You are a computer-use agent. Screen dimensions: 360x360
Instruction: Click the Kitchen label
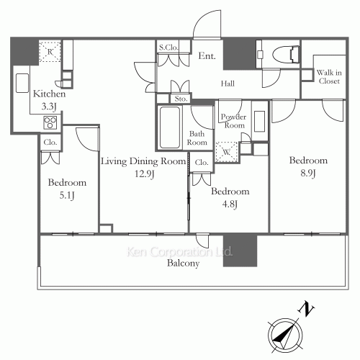point(50,94)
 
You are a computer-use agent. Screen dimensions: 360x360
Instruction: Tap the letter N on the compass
point(307,310)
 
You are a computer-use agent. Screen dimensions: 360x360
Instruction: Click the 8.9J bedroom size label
point(308,173)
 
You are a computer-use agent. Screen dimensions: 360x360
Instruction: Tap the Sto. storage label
point(180,99)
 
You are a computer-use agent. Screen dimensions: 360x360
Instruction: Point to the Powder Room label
point(233,121)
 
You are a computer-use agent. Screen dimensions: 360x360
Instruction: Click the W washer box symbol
point(227,152)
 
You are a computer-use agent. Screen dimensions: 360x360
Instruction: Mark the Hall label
point(228,84)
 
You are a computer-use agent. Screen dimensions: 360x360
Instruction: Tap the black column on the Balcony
point(240,251)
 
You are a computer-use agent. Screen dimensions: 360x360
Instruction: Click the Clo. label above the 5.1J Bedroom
point(50,143)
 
